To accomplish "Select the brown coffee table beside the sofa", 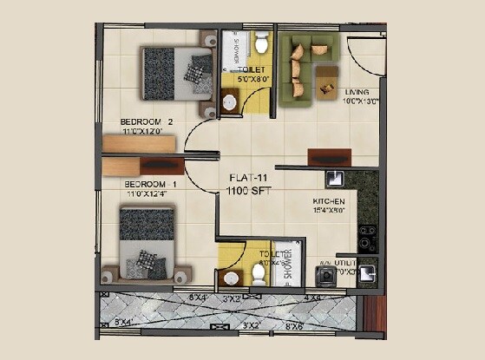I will point(327,80).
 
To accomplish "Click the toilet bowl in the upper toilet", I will point(260,43).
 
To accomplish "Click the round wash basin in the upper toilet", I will point(230,102).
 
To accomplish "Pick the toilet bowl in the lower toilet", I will point(258,273).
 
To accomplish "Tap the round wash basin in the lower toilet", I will point(230,278).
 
